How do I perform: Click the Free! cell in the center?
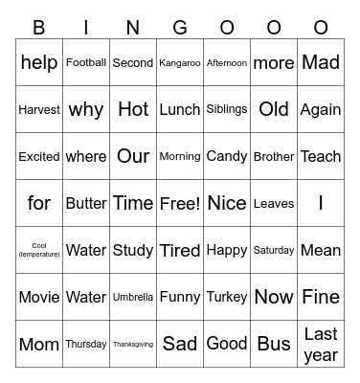click(180, 203)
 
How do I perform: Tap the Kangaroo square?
click(180, 63)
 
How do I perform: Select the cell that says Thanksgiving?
click(133, 344)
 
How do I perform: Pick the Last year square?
click(321, 344)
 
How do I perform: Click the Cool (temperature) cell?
click(39, 250)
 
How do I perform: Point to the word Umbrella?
click(133, 297)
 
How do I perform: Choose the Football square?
click(86, 63)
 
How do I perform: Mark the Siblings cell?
click(227, 109)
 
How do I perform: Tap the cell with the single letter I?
click(321, 203)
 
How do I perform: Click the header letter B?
click(39, 28)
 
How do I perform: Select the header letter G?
click(180, 28)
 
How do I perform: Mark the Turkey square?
click(227, 297)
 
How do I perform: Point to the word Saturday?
click(274, 250)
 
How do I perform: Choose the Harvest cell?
click(39, 109)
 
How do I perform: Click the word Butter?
click(86, 203)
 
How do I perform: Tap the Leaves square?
click(274, 203)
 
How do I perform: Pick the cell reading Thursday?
click(86, 344)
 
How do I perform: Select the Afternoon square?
click(227, 63)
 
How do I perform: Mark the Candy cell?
click(227, 156)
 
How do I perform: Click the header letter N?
click(133, 28)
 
